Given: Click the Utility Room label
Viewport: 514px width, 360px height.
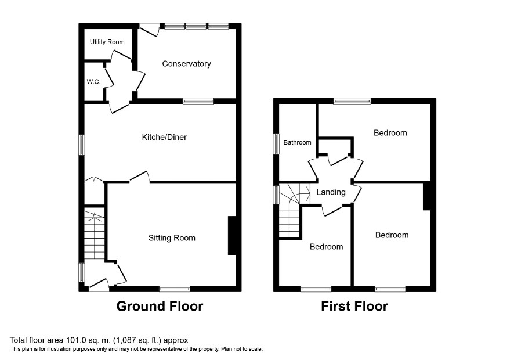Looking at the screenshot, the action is click(x=107, y=42).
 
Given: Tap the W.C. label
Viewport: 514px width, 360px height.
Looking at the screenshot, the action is click(x=94, y=82).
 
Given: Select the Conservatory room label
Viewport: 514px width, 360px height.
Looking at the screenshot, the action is click(x=187, y=64).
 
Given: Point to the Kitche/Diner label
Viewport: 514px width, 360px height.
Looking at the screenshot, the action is click(x=164, y=137).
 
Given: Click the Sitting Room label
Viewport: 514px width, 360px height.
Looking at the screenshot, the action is click(x=172, y=238).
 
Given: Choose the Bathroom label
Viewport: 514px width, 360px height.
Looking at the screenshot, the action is click(x=298, y=142).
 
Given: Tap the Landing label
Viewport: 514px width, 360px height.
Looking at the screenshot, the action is click(x=331, y=192).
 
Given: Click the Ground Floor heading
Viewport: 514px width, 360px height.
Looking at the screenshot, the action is click(x=160, y=306).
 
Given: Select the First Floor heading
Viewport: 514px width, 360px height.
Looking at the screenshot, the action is click(x=354, y=306).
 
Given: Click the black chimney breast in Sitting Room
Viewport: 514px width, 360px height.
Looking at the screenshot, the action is click(x=232, y=235).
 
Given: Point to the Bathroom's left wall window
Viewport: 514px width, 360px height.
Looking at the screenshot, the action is click(x=277, y=144).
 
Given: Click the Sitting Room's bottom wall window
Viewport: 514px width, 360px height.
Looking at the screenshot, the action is click(x=175, y=289).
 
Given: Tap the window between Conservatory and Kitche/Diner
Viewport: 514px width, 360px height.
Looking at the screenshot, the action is click(x=198, y=101).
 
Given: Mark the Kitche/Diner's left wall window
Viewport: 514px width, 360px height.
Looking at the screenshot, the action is click(x=82, y=145).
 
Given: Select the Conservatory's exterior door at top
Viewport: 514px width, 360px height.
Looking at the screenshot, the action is click(x=150, y=29).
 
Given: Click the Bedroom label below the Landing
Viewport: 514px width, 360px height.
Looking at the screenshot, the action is click(x=327, y=247).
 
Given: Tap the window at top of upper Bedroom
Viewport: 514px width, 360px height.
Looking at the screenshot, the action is click(x=352, y=101).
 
